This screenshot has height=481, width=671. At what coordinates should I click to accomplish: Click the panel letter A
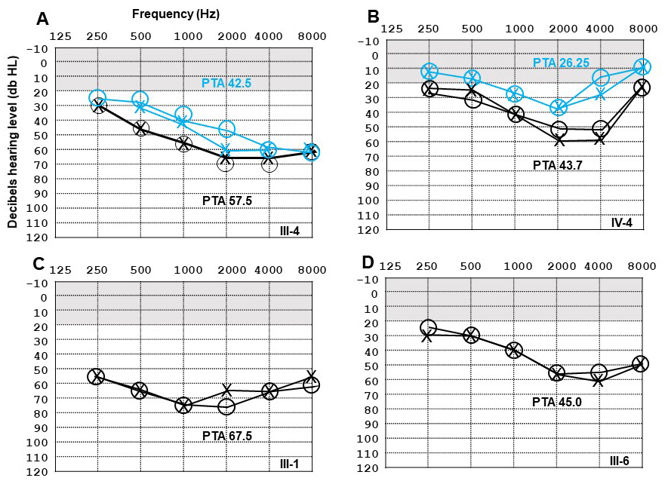44,19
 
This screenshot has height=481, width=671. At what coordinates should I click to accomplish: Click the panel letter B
374,17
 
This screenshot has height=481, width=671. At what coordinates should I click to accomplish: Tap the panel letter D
369,263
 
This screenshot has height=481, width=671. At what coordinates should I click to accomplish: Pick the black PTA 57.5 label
228,201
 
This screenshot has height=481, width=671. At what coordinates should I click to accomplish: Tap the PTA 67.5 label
228,436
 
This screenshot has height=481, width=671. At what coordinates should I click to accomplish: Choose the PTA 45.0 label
558,401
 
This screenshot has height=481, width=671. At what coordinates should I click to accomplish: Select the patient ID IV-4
623,224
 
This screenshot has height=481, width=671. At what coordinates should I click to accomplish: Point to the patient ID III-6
623,459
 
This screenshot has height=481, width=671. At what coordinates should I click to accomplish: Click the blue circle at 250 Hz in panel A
97,98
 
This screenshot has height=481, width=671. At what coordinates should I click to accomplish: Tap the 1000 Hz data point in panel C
183,406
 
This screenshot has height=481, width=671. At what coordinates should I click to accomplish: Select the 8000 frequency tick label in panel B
643,29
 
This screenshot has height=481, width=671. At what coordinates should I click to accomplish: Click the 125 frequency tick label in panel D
389,265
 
